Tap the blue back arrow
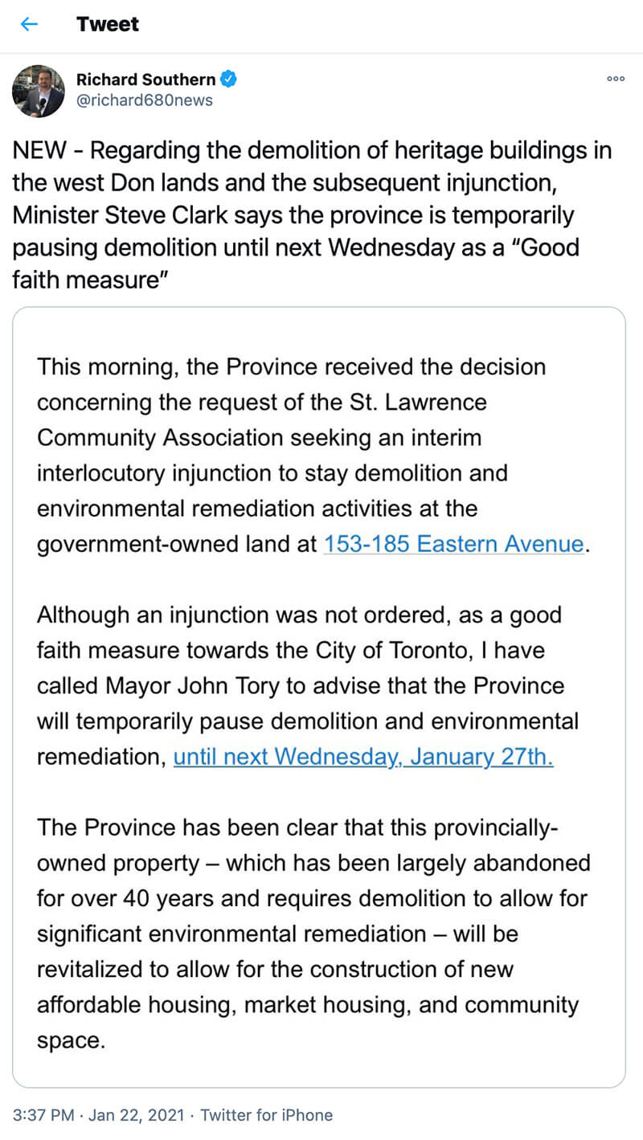(29, 24)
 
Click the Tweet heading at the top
(108, 24)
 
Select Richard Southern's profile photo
(38, 91)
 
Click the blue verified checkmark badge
(229, 80)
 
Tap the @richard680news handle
(144, 100)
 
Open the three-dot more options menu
(616, 79)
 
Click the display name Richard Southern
(145, 80)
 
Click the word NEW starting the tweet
(38, 150)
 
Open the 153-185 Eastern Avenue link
(453, 544)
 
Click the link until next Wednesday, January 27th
(363, 757)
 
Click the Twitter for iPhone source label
(266, 1115)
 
